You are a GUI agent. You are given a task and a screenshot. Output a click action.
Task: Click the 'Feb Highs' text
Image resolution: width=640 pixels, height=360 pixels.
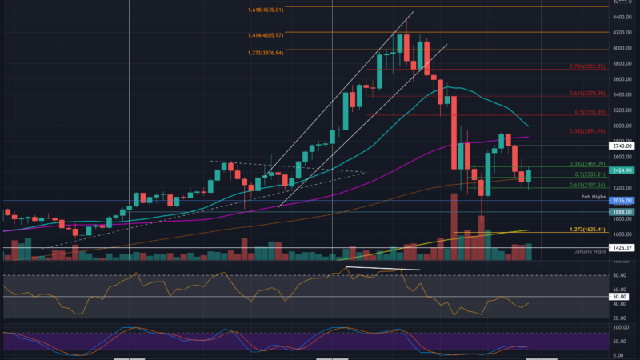point(592,194)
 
